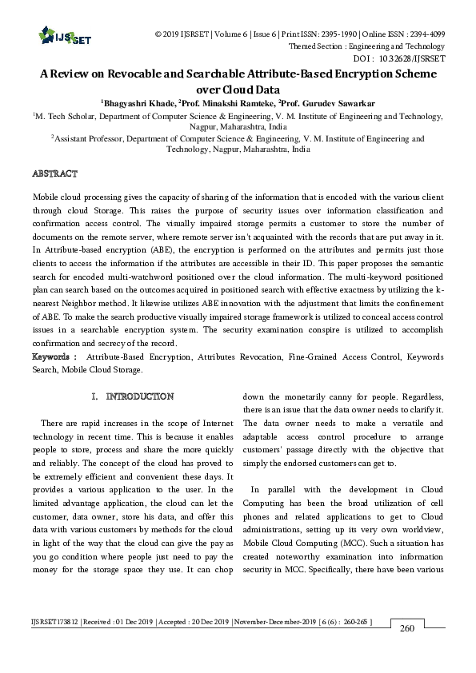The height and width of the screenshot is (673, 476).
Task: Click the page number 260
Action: [407, 629]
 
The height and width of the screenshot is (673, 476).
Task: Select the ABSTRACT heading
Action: [54, 173]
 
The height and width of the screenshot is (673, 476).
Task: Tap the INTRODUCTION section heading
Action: [139, 396]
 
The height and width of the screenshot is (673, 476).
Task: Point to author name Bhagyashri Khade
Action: [137, 103]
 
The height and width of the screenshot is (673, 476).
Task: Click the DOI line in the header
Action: [398, 58]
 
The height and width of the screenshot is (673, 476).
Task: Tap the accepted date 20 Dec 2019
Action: [203, 619]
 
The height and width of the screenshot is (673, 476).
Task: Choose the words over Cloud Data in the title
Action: [238, 90]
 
